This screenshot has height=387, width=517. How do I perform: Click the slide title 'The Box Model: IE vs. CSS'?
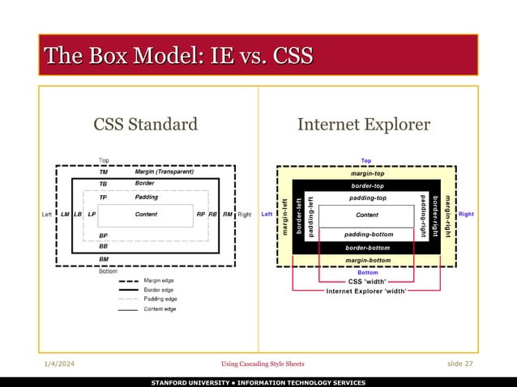[179, 56]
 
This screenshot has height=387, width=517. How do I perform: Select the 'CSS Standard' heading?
[145, 124]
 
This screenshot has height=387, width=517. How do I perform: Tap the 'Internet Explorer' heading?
[364, 124]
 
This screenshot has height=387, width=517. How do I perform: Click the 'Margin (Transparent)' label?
[164, 172]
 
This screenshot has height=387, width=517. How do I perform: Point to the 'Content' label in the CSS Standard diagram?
[146, 215]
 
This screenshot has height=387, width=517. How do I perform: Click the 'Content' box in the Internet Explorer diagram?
[366, 215]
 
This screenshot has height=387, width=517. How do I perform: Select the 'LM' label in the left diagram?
[65, 215]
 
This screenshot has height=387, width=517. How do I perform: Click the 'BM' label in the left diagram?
[104, 258]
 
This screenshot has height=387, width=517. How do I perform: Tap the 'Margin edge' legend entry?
[160, 280]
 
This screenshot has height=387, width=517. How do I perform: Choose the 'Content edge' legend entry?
[161, 308]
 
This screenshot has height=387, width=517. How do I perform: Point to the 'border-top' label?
[367, 185]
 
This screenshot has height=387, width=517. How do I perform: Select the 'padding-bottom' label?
[367, 235]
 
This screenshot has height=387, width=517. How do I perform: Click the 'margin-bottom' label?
[367, 260]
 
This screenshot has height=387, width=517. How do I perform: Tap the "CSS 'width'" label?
[367, 282]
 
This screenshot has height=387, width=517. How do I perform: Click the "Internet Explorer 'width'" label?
[367, 291]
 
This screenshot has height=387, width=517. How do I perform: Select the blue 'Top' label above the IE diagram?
[366, 160]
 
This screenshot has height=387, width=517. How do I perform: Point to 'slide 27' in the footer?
[460, 364]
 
